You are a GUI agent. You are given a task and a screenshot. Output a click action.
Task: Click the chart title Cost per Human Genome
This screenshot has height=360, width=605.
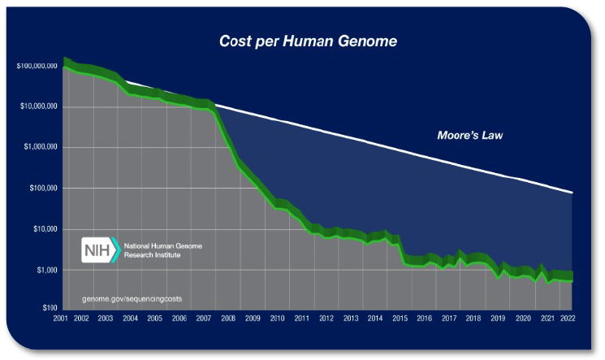point(308,41)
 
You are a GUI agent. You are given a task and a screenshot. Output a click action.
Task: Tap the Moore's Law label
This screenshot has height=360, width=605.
point(469,135)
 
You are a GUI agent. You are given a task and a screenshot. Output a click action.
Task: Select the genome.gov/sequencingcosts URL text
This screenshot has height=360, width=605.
point(132,298)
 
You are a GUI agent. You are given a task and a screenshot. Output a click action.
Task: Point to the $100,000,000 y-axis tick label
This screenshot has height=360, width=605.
point(37,66)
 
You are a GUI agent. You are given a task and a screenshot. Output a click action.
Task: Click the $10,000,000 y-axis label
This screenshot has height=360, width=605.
point(39,106)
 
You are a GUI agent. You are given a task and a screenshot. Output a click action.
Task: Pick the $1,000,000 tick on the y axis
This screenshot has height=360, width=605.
point(40,147)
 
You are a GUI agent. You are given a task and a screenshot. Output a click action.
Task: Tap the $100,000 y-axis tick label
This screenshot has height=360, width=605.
point(43,188)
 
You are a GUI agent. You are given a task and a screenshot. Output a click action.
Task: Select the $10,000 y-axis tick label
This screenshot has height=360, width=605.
point(45,229)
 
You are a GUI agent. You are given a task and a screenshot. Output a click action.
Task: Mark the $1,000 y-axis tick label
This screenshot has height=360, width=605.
point(46,270)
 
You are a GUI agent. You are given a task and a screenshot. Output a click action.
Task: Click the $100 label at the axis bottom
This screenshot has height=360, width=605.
point(50,308)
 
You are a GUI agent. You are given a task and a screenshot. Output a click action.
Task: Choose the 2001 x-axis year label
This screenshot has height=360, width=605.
point(60,319)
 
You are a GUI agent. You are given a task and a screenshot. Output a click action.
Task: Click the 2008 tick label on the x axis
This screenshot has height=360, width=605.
point(228,319)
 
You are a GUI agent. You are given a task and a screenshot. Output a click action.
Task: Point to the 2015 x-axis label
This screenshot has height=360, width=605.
point(400,319)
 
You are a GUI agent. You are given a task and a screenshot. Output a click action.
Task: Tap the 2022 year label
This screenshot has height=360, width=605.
point(568,319)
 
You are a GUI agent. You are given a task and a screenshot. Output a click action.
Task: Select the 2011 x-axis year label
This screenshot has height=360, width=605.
point(302,319)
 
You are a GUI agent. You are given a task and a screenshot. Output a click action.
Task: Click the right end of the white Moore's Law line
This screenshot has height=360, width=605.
point(573,193)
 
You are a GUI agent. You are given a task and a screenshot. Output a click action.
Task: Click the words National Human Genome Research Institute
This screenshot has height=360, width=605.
point(162,250)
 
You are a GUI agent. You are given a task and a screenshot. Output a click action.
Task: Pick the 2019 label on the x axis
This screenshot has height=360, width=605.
point(498,319)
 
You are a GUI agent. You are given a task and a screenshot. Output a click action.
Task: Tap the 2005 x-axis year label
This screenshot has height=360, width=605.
point(154,319)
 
